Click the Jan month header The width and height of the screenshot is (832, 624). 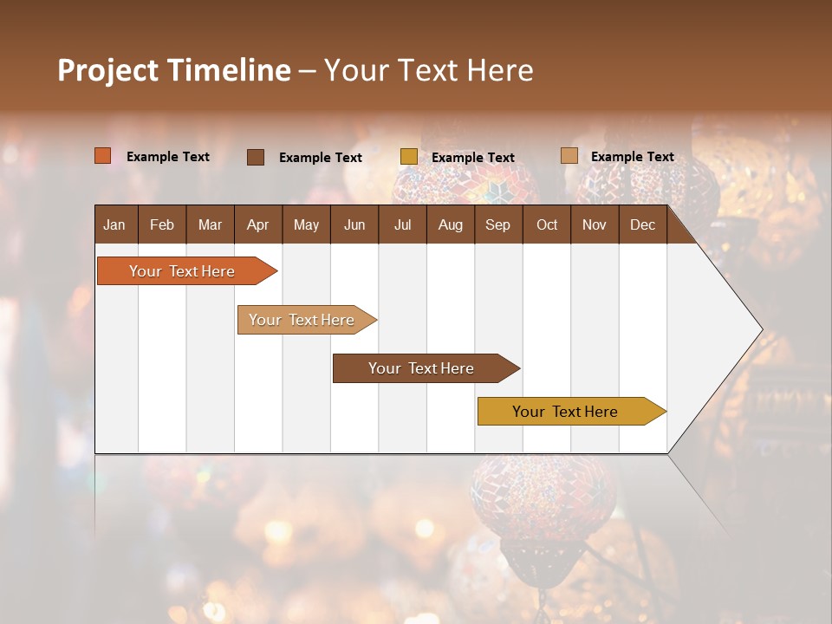[114, 224]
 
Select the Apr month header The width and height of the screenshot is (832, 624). [257, 224]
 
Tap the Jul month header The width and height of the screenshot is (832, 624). [402, 224]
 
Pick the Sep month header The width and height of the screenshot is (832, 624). [497, 224]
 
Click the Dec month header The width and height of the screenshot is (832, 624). [642, 224]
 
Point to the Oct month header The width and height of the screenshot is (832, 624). [547, 224]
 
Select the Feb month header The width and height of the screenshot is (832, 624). [162, 224]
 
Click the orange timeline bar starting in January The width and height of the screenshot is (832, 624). [182, 271]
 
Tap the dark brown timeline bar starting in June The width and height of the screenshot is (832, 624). [421, 368]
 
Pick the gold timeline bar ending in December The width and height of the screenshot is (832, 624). [565, 412]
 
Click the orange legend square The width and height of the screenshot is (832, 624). [103, 156]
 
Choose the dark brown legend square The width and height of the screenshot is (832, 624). [256, 157]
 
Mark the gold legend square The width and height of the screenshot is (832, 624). [409, 157]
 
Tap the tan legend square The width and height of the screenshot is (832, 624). [569, 156]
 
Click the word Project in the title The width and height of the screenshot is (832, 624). [107, 70]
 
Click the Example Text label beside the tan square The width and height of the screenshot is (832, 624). [632, 156]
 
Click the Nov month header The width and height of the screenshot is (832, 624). [595, 224]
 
